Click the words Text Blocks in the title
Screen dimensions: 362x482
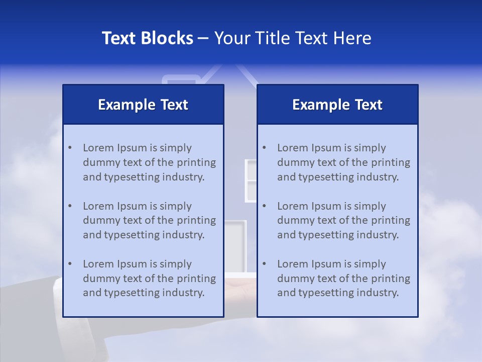147,38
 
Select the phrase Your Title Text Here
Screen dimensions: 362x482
293,38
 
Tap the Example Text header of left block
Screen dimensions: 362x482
143,105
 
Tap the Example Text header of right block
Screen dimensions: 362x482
337,105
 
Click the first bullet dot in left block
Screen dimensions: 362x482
70,148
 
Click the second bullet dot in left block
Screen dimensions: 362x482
70,206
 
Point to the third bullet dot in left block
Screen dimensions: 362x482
70,264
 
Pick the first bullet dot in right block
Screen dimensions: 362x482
264,148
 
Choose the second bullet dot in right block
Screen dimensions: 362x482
264,206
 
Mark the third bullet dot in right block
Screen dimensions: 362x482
264,264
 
